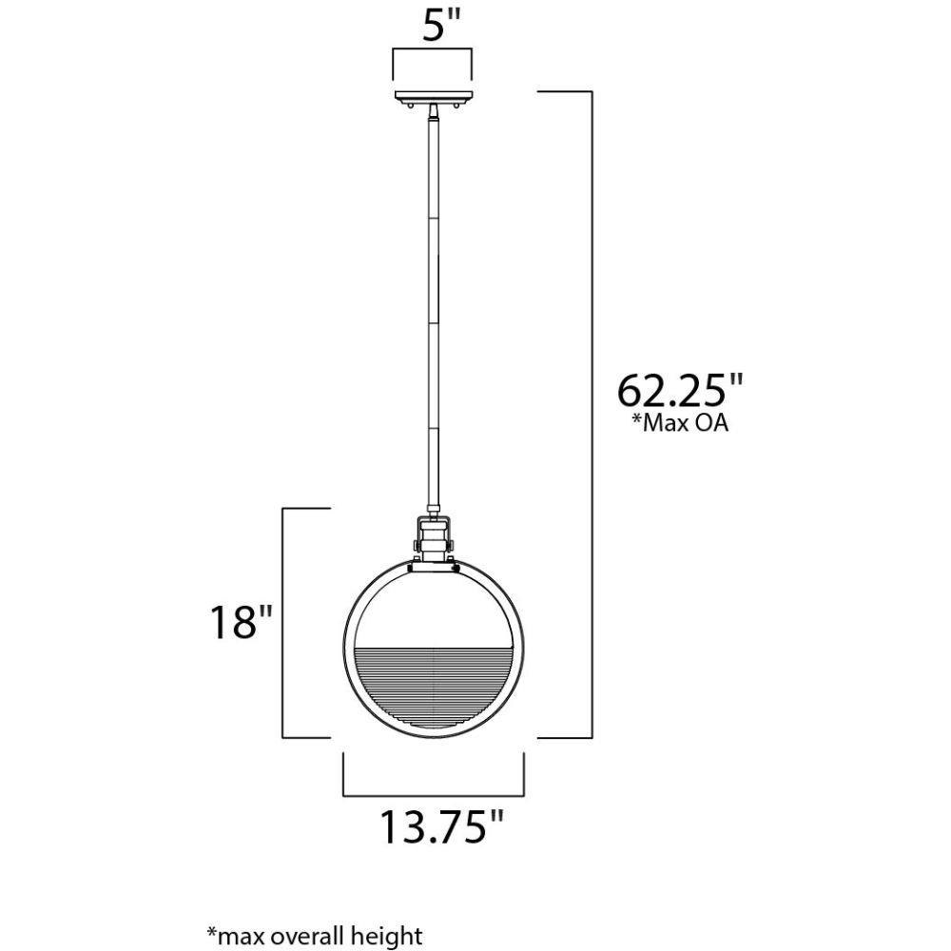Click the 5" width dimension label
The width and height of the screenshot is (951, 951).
pos(442,25)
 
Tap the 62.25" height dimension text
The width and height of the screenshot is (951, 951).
pos(680,390)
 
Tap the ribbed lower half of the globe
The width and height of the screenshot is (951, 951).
pos(434,689)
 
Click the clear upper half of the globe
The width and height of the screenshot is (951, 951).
pos(434,607)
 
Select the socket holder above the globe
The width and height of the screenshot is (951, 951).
pos(434,540)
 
